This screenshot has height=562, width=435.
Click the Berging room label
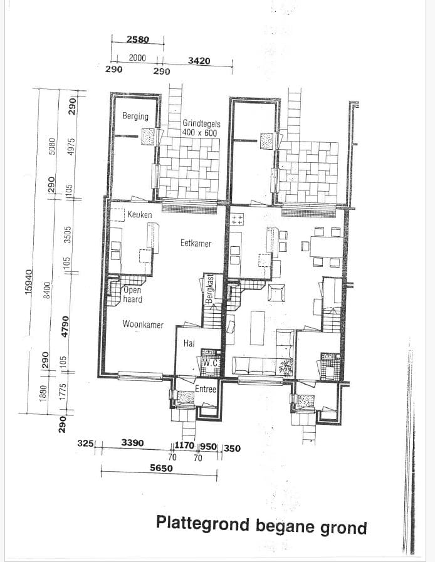pos(135,117)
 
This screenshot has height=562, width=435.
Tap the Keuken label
pos(139,215)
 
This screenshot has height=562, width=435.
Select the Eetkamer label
pos(196,243)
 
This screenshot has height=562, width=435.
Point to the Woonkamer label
pos(143,325)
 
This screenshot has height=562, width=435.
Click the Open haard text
pos(132,294)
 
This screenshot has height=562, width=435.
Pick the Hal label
pos(189,343)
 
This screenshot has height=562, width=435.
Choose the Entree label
pos(206,389)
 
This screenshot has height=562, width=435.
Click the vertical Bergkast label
pos(211,289)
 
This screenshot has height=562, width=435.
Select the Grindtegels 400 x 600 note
pos(201,128)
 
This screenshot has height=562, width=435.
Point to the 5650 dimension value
pos(162,467)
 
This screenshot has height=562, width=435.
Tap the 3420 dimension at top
pos(199,61)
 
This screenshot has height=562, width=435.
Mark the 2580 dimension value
pos(138,39)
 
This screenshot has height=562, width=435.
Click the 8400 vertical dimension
pos(46,290)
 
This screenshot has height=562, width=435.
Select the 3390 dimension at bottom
pos(132,443)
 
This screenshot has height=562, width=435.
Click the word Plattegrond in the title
pos(204,523)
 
